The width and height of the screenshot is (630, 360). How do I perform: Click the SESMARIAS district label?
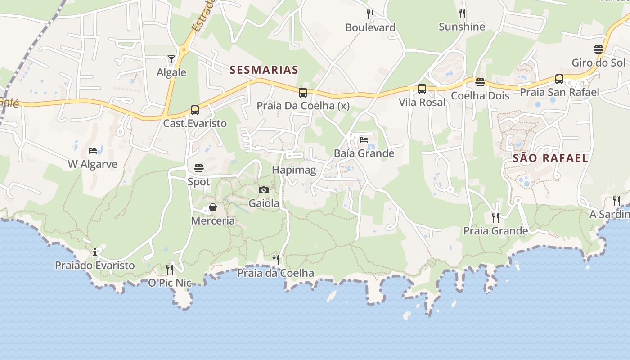click(264, 70)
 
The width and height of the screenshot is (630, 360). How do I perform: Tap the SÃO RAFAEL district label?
click(550, 158)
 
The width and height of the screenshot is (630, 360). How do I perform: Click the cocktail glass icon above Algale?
click(171, 59)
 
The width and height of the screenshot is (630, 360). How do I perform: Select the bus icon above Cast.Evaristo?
click(195, 110)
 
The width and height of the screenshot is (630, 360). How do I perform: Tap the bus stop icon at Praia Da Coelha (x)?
click(303, 93)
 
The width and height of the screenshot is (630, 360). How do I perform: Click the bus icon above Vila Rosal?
click(422, 89)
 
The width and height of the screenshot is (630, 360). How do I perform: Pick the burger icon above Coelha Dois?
click(480, 82)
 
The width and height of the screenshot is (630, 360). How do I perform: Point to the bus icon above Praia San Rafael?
click(559, 79)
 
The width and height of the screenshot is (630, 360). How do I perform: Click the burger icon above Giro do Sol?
click(598, 49)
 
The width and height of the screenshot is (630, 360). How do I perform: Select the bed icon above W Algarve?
click(93, 151)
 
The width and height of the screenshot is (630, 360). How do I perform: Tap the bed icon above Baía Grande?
click(364, 140)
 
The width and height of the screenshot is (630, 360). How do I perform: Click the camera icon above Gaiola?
click(264, 190)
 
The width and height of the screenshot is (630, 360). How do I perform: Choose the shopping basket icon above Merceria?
click(213, 207)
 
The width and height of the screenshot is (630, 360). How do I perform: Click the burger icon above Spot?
click(199, 168)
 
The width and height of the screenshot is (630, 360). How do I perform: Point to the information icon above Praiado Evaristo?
click(95, 252)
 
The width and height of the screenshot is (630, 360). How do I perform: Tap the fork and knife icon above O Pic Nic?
click(170, 270)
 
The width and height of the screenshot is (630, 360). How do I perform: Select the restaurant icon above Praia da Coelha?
click(276, 260)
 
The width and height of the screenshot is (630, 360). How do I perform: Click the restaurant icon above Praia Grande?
click(495, 218)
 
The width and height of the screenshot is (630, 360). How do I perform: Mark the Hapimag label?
click(294, 170)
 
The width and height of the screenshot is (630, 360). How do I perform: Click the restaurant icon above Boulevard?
click(370, 14)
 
